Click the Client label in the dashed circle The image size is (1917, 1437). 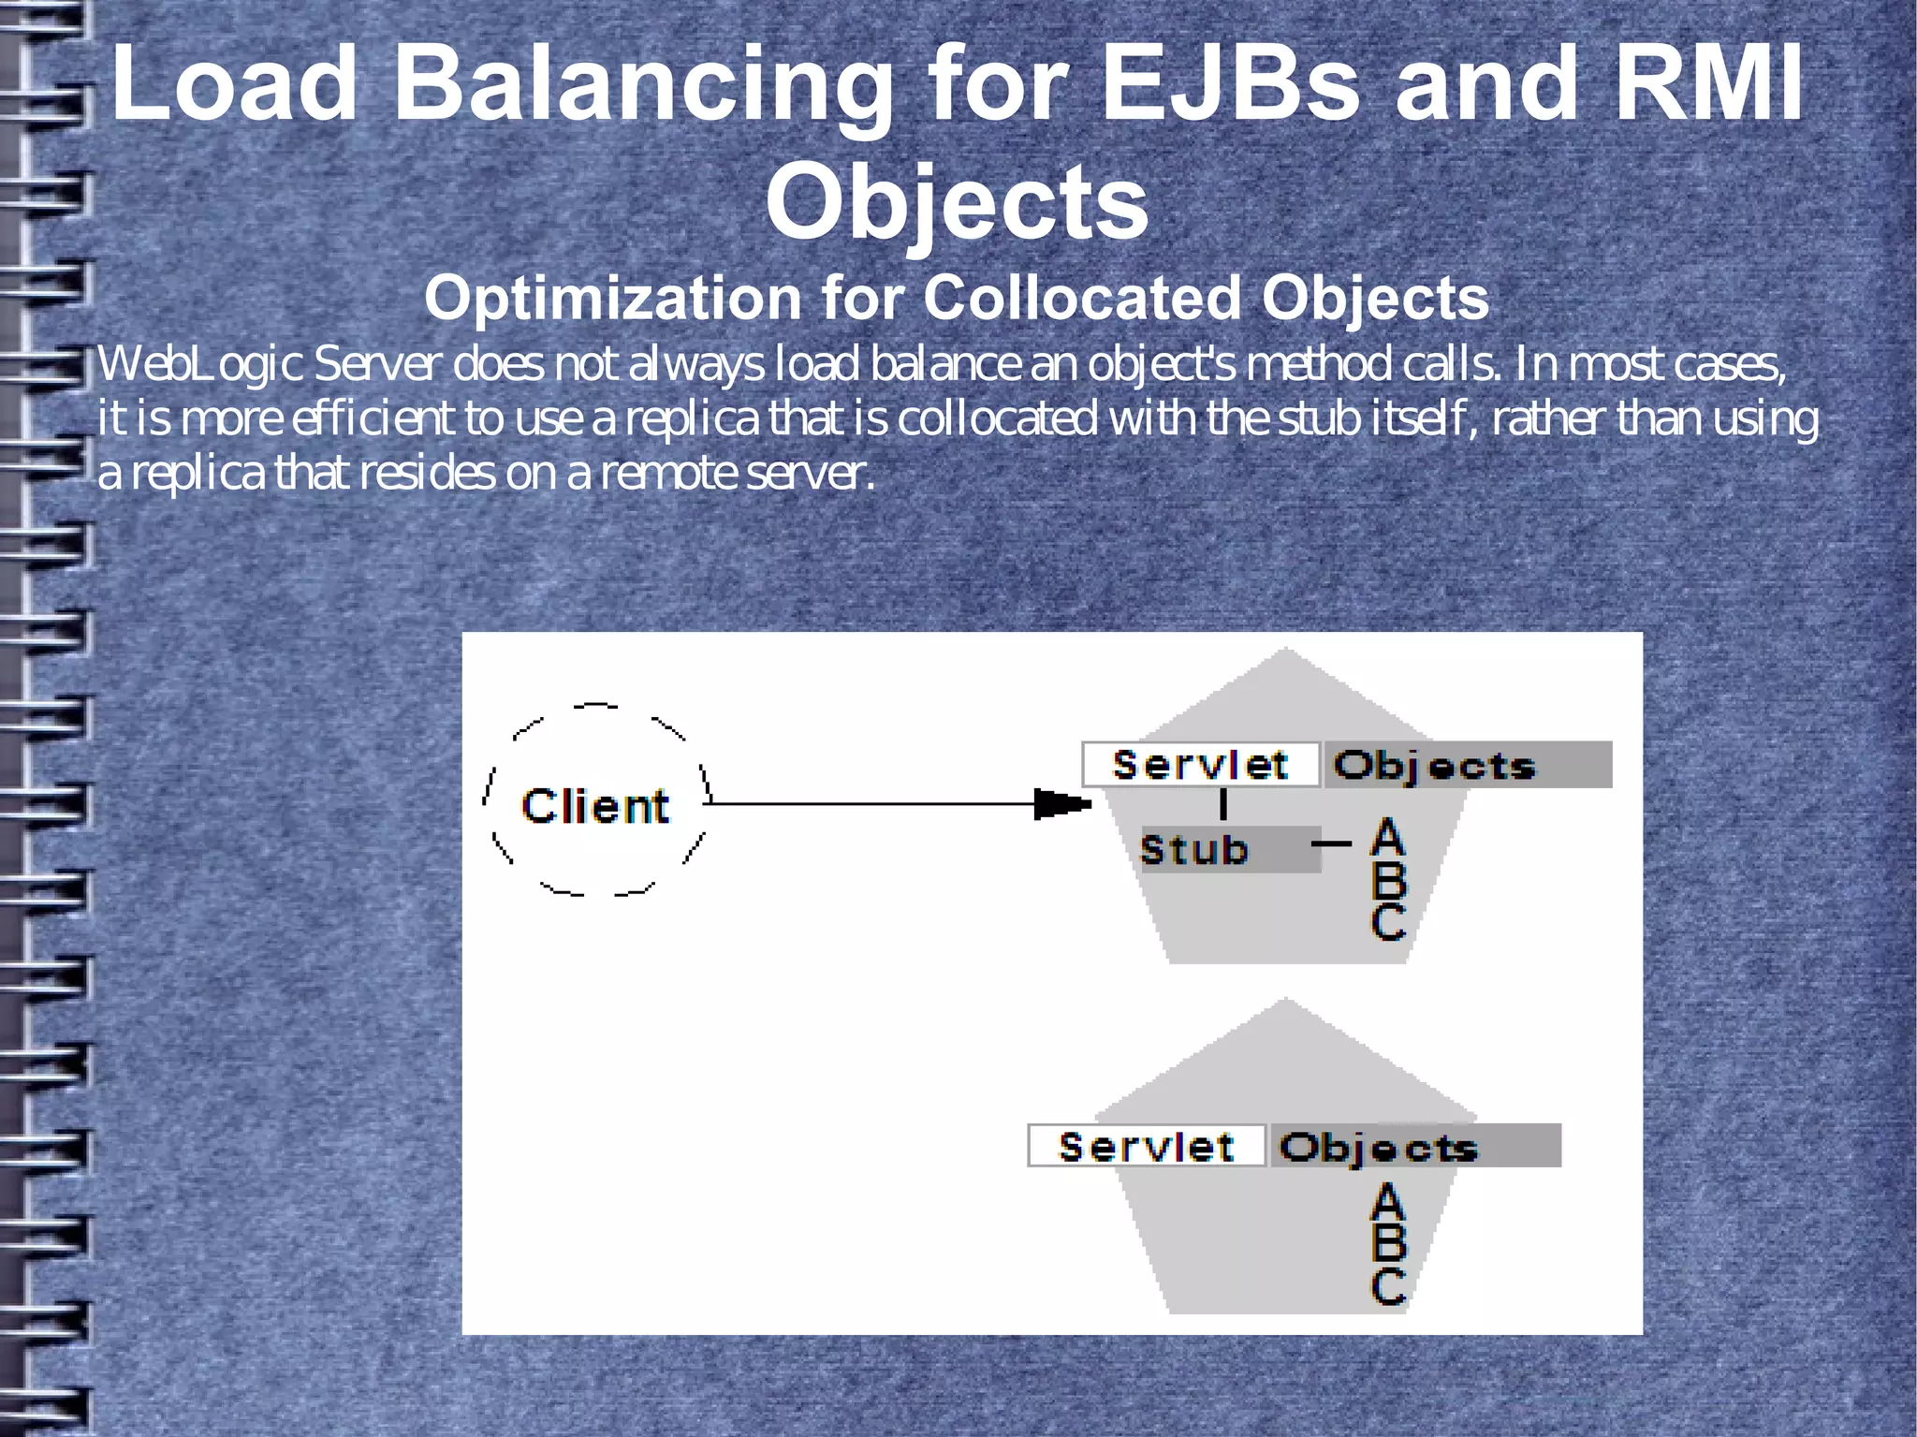click(595, 806)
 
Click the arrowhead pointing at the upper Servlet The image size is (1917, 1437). click(1062, 804)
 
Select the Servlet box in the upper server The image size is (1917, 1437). click(1200, 765)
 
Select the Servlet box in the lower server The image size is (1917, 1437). click(1147, 1146)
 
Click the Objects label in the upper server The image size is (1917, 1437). click(1435, 766)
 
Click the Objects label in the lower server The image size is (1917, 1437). click(1379, 1147)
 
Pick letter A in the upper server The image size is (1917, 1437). click(1388, 837)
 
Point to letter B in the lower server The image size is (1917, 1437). click(1388, 1243)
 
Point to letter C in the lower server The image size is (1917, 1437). click(1388, 1287)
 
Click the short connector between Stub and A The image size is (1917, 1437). click(1331, 843)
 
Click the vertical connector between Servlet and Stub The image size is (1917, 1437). click(1223, 805)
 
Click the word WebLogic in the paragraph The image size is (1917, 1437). click(199, 364)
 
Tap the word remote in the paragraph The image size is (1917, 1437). click(667, 475)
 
